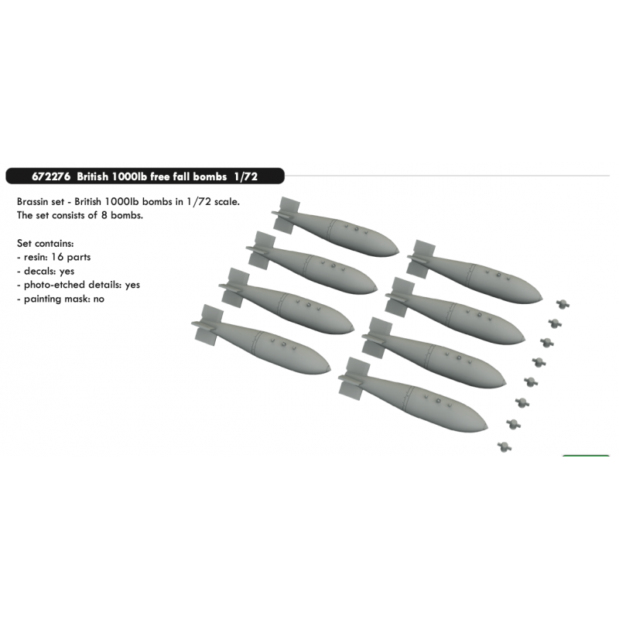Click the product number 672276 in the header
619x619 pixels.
coord(51,176)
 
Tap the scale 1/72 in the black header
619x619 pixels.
coord(245,176)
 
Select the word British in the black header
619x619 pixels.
coord(92,176)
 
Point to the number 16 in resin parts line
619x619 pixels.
coord(57,257)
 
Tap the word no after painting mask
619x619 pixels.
coord(99,299)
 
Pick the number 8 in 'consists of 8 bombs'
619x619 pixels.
coord(104,216)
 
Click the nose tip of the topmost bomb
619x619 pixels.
coord(398,251)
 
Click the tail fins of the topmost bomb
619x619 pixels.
coord(286,215)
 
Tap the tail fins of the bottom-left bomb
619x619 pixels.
coord(207,325)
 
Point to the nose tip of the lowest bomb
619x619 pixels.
coord(487,427)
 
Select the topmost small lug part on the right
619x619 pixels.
coord(563,304)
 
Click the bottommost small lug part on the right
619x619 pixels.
coord(504,447)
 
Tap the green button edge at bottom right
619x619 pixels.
coord(586,456)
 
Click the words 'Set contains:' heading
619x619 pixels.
coord(46,244)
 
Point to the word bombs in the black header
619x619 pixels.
coord(210,176)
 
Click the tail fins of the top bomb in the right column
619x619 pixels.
coord(422,259)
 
